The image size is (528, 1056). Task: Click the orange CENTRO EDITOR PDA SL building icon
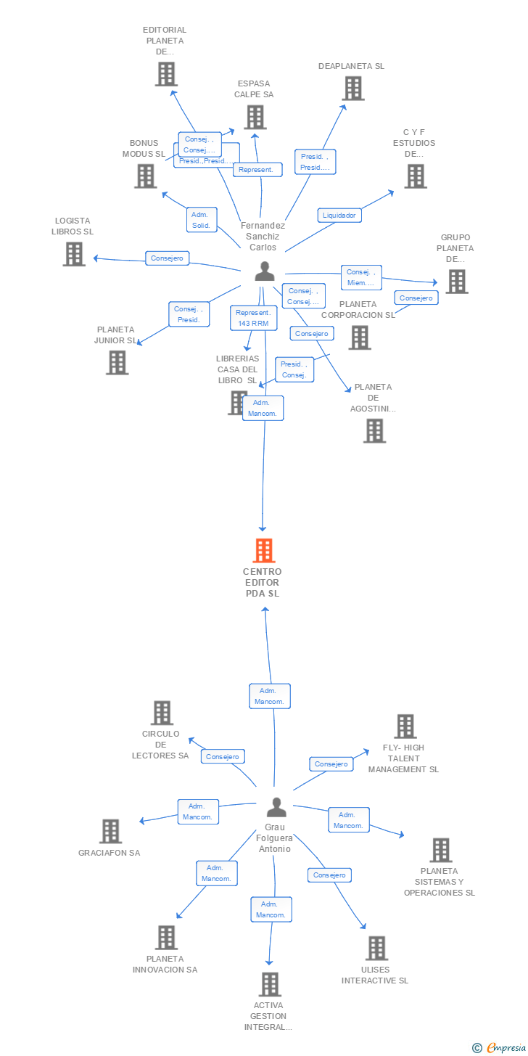click(x=264, y=551)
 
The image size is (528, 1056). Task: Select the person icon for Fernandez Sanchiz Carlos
click(x=265, y=271)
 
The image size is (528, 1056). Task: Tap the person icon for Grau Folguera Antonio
click(x=276, y=806)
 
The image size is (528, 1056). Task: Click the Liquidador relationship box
click(x=339, y=215)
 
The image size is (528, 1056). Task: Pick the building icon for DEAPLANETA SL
click(x=353, y=89)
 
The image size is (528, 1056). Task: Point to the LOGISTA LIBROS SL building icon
click(x=74, y=254)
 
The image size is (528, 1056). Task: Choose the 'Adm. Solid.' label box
click(x=201, y=219)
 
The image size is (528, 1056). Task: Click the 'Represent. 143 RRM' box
click(x=253, y=318)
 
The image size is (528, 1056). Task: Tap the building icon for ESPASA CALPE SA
click(x=255, y=118)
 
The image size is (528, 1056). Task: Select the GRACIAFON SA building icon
click(x=110, y=832)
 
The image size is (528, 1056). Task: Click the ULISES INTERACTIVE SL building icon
click(x=376, y=948)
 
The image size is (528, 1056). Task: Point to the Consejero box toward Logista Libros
click(x=168, y=258)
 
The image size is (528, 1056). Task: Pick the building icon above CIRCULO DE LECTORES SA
click(x=162, y=713)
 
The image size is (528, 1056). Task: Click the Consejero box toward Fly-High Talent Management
click(x=331, y=764)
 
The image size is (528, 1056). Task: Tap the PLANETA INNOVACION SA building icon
click(x=166, y=937)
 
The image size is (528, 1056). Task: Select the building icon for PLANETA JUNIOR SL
click(x=117, y=362)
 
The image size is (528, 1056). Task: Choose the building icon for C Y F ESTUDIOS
click(x=415, y=176)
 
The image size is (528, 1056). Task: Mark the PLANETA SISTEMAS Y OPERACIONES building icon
click(x=440, y=850)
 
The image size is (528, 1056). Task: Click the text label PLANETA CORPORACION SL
click(x=358, y=309)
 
